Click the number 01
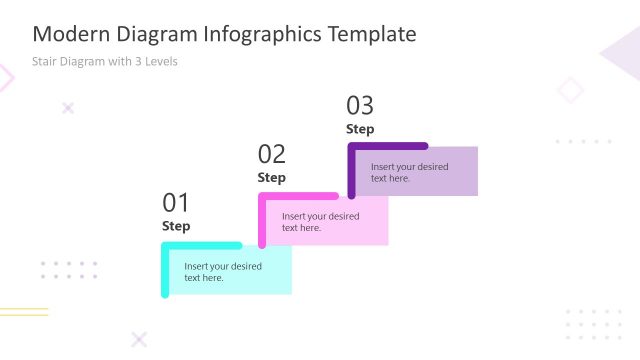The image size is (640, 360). [x=175, y=203]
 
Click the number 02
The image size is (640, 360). [x=272, y=154]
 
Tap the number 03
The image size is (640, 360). [x=360, y=105]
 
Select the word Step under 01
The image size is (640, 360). [x=176, y=226]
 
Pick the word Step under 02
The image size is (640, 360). [x=272, y=177]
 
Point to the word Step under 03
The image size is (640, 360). [x=360, y=129]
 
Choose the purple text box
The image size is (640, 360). [x=416, y=172]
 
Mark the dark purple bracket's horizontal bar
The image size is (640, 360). [x=389, y=147]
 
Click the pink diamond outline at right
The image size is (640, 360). [x=570, y=91]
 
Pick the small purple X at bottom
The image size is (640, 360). [x=139, y=339]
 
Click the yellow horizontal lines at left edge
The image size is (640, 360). [x=24, y=312]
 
